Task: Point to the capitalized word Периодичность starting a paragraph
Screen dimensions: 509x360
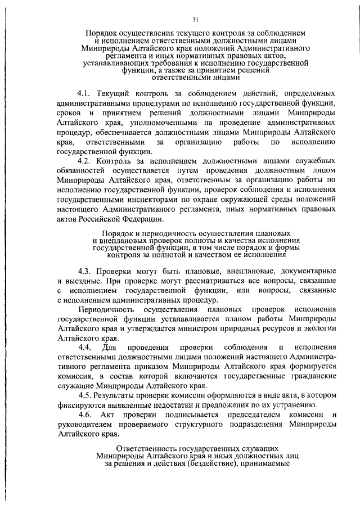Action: click(x=107, y=310)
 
